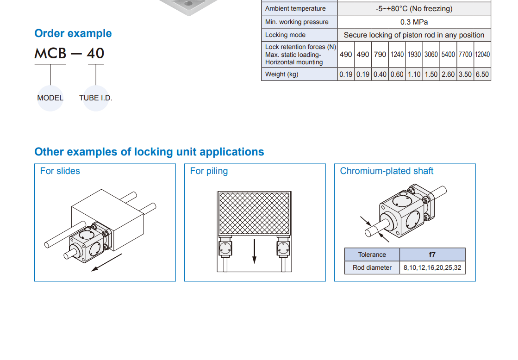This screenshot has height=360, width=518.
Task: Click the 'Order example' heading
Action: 73,33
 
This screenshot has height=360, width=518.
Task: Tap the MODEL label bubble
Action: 50,98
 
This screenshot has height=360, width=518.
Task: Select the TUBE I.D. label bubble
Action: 96,98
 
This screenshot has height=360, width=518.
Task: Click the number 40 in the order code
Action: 95,53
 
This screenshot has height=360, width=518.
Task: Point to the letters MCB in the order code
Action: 50,53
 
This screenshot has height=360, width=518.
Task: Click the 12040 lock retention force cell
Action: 482,55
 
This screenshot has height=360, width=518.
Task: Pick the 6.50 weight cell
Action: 482,74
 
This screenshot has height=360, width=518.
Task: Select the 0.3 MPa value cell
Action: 414,22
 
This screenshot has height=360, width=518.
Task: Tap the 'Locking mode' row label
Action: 285,35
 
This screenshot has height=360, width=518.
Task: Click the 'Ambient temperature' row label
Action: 295,9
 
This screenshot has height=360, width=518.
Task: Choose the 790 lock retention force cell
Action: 380,55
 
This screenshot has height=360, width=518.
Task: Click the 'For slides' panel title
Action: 60,171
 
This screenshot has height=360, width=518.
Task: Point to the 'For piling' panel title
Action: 209,171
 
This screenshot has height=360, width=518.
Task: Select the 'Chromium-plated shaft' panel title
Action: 387,171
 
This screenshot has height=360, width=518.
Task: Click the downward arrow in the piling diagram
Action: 255,251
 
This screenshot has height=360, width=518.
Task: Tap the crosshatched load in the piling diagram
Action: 255,213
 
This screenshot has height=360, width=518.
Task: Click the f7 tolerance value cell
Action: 432,254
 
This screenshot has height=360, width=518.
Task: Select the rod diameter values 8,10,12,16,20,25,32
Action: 432,267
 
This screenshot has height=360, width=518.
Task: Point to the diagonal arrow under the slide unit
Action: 106,262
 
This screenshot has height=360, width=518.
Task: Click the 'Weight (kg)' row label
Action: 282,74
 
